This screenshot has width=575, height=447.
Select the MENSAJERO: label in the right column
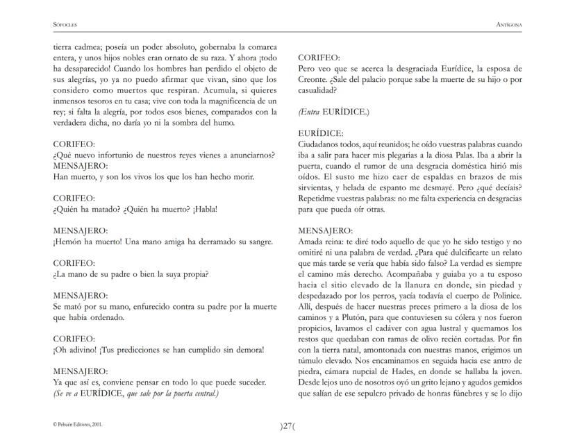coord(324,230)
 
